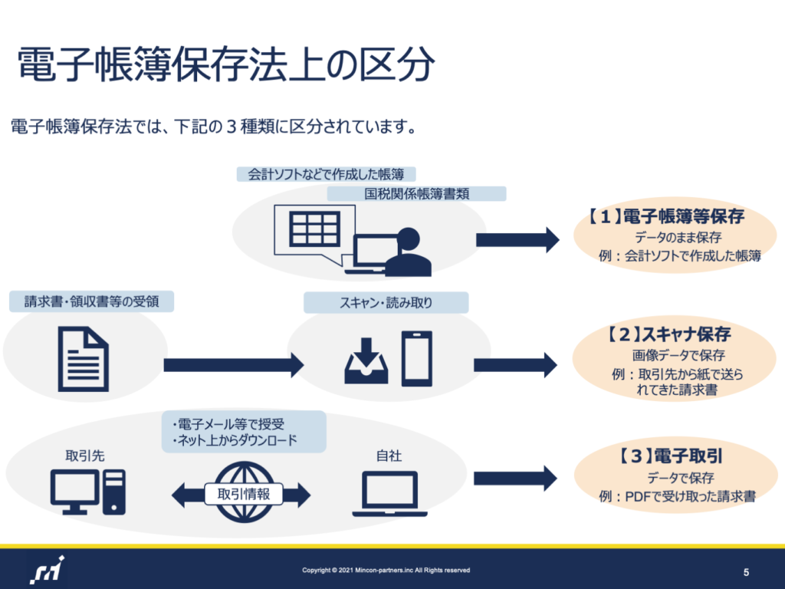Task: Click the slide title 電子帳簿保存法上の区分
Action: pos(226,64)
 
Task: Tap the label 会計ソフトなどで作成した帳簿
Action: pos(326,174)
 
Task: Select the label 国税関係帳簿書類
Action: pos(416,194)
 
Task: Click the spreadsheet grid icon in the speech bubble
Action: pos(315,229)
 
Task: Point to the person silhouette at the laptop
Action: pos(408,252)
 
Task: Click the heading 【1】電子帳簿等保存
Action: pos(666,216)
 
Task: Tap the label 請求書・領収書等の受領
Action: pos(92,301)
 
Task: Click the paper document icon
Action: pos(83,359)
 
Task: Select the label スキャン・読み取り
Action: pos(386,302)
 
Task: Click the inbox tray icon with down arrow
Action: pos(366,361)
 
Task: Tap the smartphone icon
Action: pos(417,359)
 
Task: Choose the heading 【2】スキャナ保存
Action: pos(669,334)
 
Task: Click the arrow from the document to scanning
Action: pos(234,364)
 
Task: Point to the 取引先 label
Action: pos(85,456)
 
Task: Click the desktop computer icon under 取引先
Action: pos(88,492)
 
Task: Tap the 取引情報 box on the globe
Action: pos(244,495)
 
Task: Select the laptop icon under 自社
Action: pos(389,494)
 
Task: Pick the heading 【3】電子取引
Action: pos(670,456)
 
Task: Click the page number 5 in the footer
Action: pos(746,572)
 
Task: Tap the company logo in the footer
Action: pos(48,570)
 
